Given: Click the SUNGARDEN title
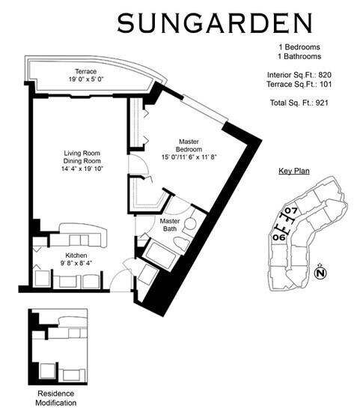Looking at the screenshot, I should (214, 23).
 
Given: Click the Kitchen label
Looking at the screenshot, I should (76, 255).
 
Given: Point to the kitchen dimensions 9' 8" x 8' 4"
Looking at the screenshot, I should (76, 264).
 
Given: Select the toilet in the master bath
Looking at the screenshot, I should (182, 241).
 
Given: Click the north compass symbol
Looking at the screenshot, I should (320, 273).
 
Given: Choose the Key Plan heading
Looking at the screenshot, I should (294, 172).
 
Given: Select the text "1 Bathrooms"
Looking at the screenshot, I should (299, 56).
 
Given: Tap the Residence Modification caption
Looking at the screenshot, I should (57, 396).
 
